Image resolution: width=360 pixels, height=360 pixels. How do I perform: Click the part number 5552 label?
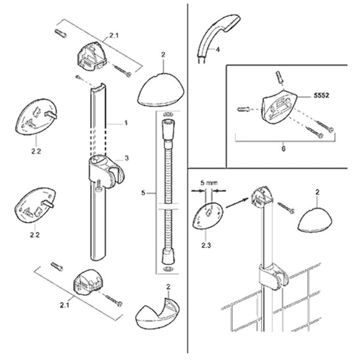(321, 95)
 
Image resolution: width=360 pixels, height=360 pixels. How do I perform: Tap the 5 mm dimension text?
(209, 183)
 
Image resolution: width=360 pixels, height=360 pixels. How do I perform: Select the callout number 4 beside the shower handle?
(218, 49)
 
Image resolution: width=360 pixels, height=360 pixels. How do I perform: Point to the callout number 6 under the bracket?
(284, 149)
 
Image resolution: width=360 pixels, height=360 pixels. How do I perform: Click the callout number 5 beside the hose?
(143, 193)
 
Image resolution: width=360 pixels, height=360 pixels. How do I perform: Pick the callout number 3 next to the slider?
(127, 158)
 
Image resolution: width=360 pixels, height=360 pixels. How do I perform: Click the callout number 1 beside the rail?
(126, 123)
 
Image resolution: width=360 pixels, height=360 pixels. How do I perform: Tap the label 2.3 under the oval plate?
(206, 245)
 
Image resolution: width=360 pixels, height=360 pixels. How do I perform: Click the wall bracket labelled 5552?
(279, 107)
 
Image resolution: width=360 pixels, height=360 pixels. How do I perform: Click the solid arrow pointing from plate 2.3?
(238, 203)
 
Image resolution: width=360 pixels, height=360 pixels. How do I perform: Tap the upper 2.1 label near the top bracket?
(114, 35)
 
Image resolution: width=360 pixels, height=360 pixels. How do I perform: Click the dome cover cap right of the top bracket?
(161, 90)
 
